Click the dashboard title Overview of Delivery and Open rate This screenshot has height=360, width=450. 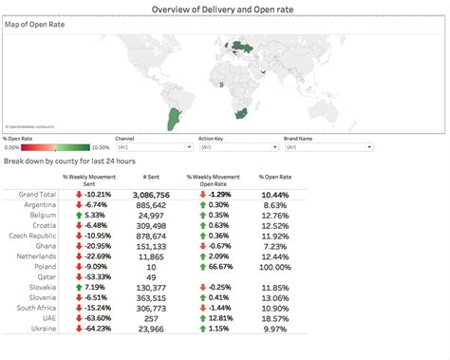pos(225,8)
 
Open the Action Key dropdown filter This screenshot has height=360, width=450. pos(234,148)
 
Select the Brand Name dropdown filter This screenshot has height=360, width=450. pos(318,148)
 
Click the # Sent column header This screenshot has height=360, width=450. pos(150,178)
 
